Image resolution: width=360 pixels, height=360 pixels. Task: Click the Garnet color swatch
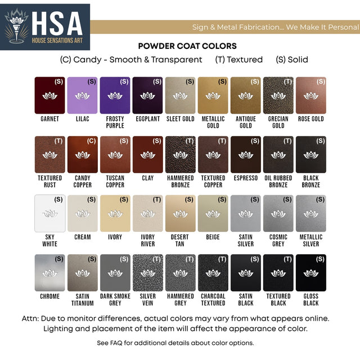(x=49, y=95)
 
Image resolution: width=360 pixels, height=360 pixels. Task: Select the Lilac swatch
(x=82, y=95)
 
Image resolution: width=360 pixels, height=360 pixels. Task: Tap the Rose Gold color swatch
(x=310, y=95)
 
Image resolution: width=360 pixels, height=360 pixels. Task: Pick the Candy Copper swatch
(x=82, y=154)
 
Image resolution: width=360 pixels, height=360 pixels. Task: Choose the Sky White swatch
(x=49, y=213)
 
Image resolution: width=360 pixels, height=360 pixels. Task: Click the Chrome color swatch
(x=49, y=272)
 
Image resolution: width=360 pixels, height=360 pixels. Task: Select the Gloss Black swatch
(x=310, y=272)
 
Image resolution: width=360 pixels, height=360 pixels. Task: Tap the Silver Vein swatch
(x=147, y=272)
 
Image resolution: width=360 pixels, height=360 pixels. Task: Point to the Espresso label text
(x=245, y=178)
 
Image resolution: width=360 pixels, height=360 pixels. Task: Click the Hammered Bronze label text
(x=180, y=182)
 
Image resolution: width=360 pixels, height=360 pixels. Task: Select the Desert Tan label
(x=180, y=241)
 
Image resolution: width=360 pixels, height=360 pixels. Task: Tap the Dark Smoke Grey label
(x=115, y=300)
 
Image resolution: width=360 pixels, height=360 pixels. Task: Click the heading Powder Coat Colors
(x=187, y=46)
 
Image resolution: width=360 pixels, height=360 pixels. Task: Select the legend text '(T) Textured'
(x=238, y=60)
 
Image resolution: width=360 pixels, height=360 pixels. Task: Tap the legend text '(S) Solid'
(x=292, y=60)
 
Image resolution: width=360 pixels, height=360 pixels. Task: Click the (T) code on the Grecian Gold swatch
(x=288, y=82)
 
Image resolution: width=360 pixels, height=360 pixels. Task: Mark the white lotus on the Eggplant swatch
(x=147, y=96)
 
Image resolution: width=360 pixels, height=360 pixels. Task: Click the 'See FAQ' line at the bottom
(x=175, y=343)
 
